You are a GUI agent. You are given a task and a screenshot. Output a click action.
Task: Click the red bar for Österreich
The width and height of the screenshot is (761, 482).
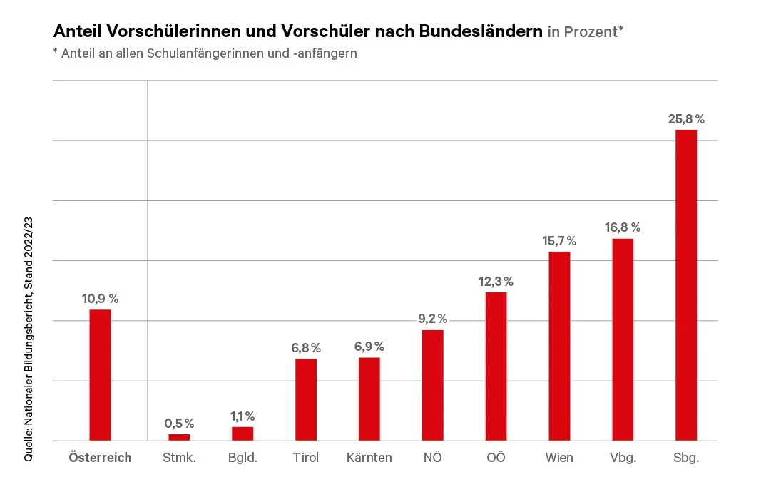tap(100, 374)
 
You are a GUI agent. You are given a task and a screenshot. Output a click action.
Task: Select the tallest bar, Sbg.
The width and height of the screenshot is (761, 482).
tap(685, 285)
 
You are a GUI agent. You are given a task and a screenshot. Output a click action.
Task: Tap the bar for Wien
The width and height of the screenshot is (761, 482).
tap(559, 346)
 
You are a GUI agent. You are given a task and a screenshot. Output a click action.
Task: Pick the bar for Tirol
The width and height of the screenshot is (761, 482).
tap(306, 399)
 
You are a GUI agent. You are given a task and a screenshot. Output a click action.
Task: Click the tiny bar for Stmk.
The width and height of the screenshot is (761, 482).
tap(179, 437)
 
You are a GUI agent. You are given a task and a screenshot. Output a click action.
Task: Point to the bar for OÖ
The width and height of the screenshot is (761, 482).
tap(496, 366)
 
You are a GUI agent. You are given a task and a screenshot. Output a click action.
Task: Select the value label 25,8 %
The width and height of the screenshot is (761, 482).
tap(686, 118)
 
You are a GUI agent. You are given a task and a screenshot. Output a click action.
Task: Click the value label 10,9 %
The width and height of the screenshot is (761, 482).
tap(100, 299)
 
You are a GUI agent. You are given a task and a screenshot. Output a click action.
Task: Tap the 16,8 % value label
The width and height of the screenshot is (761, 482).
tap(623, 227)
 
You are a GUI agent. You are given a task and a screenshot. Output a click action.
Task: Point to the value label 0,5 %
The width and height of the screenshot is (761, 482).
tap(179, 424)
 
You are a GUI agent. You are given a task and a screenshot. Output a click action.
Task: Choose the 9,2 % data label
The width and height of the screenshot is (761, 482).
tap(432, 319)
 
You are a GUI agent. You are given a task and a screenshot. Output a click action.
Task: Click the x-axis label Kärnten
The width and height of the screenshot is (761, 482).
tap(369, 458)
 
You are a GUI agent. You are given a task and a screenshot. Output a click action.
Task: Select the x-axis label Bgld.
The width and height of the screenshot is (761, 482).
tap(242, 458)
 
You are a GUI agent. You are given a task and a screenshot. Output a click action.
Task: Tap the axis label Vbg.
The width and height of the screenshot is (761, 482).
tap(623, 458)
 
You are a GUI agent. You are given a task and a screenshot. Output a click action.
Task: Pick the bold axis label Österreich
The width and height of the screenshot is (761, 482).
tap(100, 458)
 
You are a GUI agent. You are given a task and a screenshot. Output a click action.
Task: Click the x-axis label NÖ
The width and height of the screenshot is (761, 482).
tap(432, 458)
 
